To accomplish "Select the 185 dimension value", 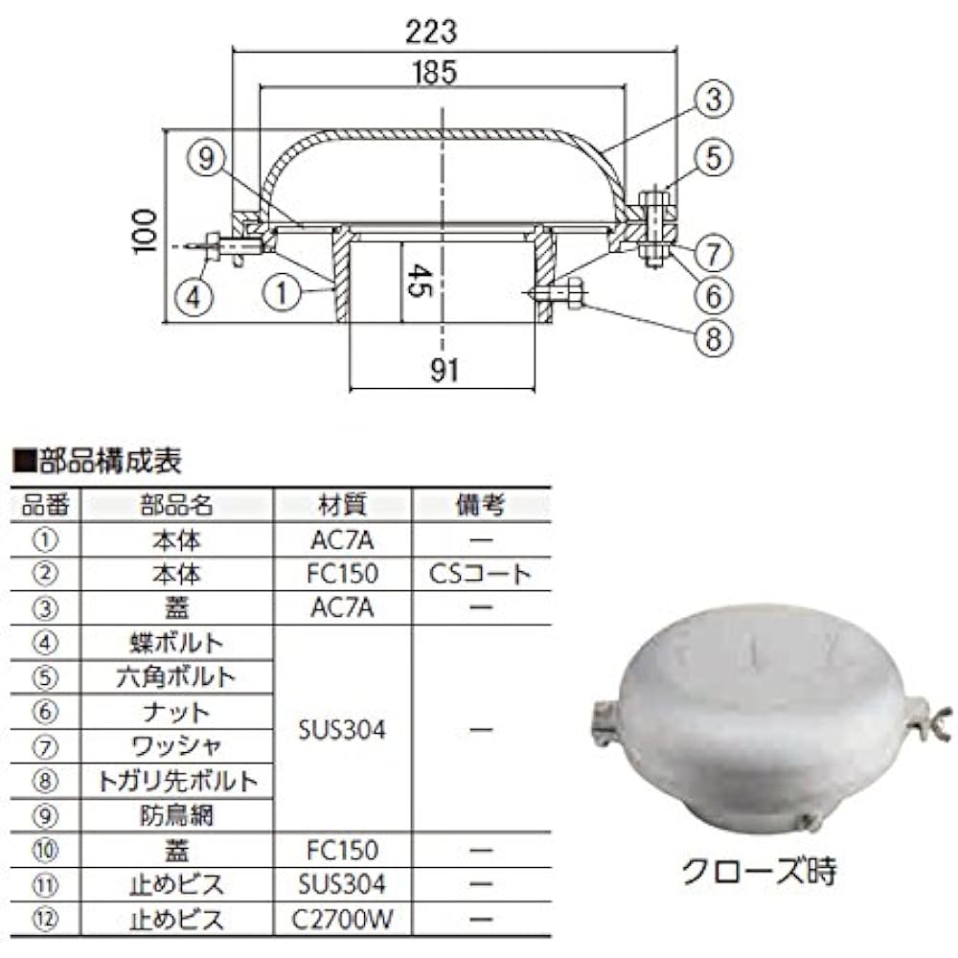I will pyautogui.click(x=437, y=72).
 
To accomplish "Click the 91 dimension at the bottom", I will pyautogui.click(x=444, y=371).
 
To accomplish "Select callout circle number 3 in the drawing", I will pyautogui.click(x=714, y=98).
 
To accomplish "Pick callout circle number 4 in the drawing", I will pyautogui.click(x=194, y=296).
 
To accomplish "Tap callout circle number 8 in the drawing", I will pyautogui.click(x=714, y=337).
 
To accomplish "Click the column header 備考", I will pyautogui.click(x=481, y=505).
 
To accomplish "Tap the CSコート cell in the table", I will pyautogui.click(x=481, y=574).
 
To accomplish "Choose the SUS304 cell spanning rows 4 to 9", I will pyautogui.click(x=342, y=730).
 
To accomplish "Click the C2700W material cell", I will pyautogui.click(x=342, y=920).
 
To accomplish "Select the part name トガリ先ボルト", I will pyautogui.click(x=178, y=782).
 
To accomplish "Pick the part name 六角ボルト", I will pyautogui.click(x=178, y=676).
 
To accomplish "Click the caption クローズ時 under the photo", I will pyautogui.click(x=759, y=872).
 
